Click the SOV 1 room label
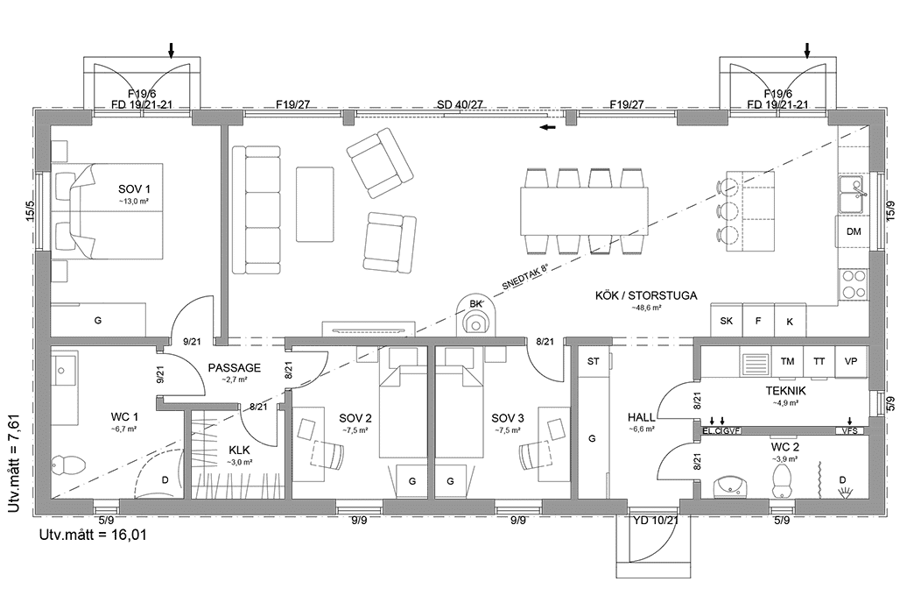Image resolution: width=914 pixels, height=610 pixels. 135,189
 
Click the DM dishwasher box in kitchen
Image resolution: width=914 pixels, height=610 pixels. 853,231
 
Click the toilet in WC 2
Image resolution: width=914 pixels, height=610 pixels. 782,479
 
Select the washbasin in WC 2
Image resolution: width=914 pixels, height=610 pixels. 729,485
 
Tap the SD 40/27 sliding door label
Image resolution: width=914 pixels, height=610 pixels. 460,105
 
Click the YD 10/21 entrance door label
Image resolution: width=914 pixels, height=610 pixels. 655,521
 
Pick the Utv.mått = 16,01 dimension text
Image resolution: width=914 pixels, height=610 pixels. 92,534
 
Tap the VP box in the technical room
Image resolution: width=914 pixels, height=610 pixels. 850,361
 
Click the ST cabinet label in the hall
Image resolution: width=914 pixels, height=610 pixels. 593,361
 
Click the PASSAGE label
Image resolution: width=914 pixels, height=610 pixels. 234,368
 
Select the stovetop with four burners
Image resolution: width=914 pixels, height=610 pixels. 853,284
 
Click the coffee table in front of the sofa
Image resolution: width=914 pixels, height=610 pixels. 314,204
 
